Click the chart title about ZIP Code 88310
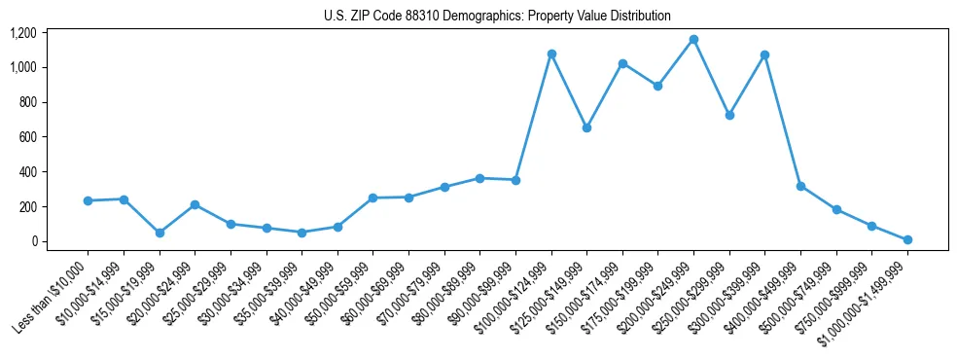497,16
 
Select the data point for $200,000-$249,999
693,40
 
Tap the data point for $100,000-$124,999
551,54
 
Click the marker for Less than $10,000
88,200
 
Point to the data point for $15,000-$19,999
159,233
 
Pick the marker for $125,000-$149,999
586,127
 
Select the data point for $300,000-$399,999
764,54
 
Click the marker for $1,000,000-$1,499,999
907,239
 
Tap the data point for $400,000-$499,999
800,186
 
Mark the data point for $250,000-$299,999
729,115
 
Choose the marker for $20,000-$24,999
195,204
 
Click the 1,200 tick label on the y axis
22,33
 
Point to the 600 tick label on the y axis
27,137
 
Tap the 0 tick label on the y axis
33,241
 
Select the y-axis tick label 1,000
22,67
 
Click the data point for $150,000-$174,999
622,63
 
